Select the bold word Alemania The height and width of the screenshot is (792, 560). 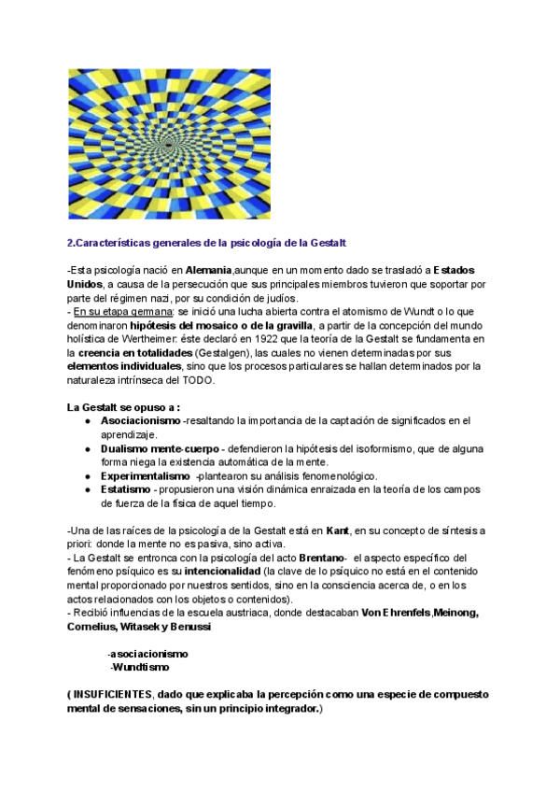tap(203, 269)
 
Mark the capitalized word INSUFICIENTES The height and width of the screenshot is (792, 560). tap(112, 695)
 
